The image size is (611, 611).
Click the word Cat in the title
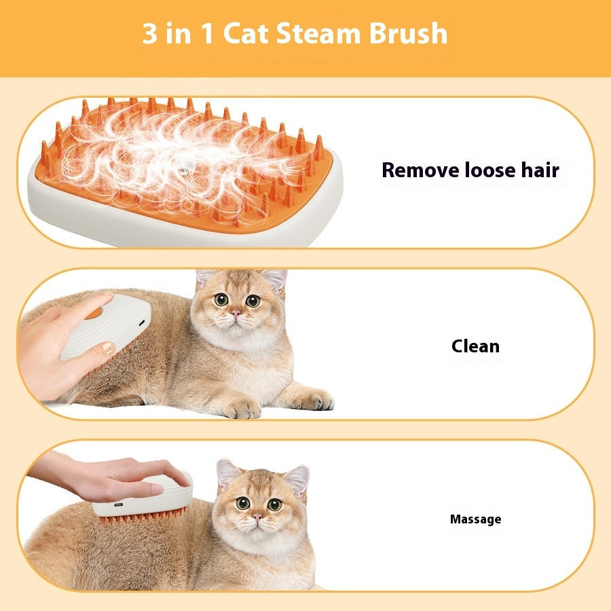(247, 33)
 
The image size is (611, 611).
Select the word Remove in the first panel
(421, 170)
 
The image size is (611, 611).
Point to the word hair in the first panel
(538, 170)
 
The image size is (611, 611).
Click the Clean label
(475, 346)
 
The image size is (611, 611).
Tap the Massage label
(475, 519)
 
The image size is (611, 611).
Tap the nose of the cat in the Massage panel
(258, 517)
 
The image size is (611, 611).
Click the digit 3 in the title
(149, 33)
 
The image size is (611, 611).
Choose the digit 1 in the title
(204, 33)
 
